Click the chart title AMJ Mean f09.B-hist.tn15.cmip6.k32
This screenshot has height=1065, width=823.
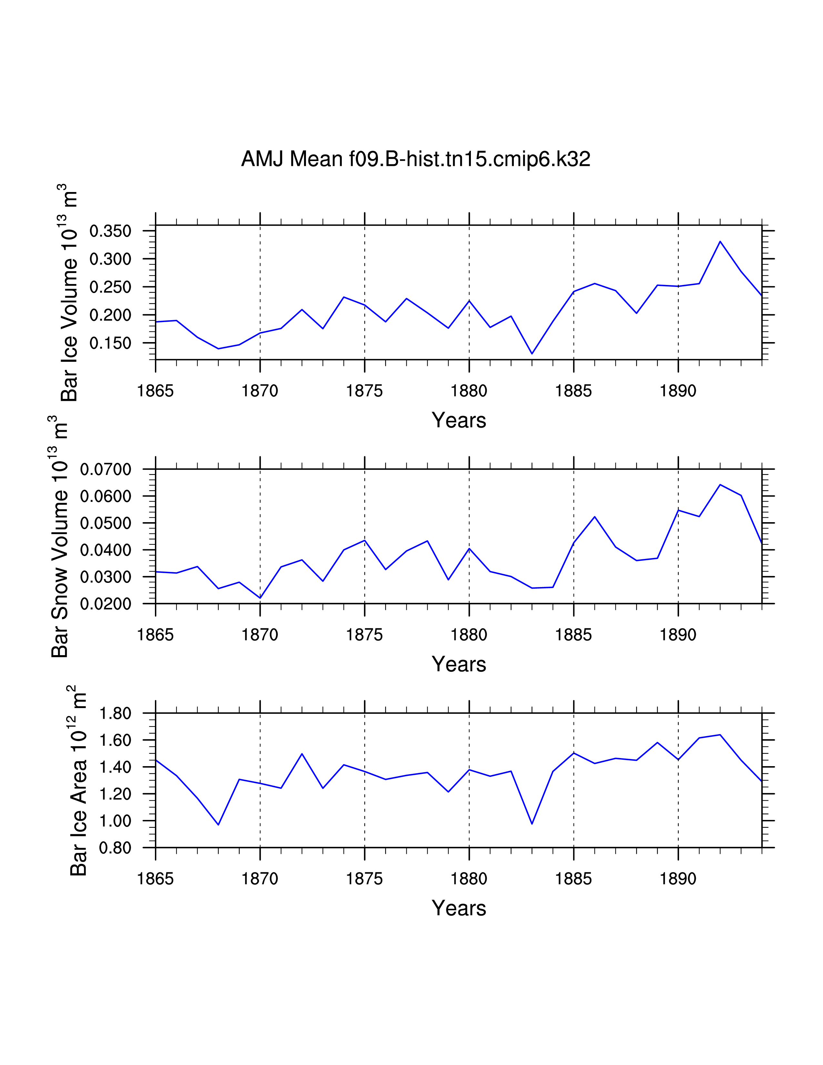[415, 159]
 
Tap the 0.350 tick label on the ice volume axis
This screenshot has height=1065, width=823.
[111, 231]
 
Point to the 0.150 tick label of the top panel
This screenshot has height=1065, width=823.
[111, 343]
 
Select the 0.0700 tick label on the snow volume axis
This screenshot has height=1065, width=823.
[106, 470]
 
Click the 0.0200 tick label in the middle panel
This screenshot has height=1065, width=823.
[106, 604]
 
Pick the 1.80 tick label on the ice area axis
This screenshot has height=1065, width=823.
[115, 714]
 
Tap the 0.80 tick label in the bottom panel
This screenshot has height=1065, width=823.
[115, 847]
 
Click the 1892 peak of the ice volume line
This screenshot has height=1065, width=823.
[720, 241]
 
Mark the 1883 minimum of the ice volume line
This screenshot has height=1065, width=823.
[532, 353]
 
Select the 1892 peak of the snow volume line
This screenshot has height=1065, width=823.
[720, 485]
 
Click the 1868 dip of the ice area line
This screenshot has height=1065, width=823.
[218, 825]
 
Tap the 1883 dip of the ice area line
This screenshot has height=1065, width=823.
[532, 824]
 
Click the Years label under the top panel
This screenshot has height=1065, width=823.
[459, 420]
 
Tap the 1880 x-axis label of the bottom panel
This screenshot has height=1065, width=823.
[469, 879]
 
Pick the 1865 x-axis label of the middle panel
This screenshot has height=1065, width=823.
[156, 635]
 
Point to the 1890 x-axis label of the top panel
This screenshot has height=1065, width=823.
[678, 391]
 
